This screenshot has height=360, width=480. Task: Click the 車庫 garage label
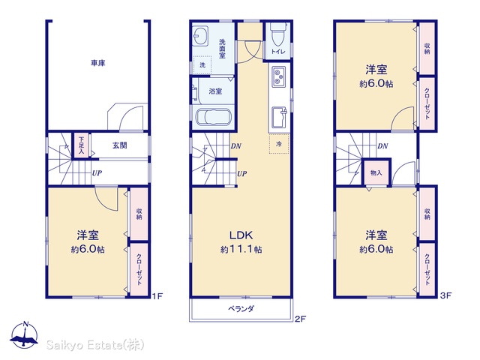tap(98, 63)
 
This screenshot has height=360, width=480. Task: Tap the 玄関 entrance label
tap(120, 145)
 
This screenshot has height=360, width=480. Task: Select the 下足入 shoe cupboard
tap(81, 145)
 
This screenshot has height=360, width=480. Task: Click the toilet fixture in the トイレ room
tap(278, 35)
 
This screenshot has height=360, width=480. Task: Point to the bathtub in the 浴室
tap(213, 117)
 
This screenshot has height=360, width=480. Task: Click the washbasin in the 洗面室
tap(200, 36)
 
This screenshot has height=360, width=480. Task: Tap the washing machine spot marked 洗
tap(202, 65)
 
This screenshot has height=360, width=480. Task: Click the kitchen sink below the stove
tap(279, 117)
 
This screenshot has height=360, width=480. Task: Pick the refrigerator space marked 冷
tap(279, 143)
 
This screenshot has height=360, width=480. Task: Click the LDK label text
tap(241, 235)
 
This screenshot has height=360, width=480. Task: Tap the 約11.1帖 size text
tap(241, 250)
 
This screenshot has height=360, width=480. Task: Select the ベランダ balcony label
tap(241, 308)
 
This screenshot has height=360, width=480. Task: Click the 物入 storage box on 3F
tap(376, 172)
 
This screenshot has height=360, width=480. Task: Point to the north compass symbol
tap(25, 334)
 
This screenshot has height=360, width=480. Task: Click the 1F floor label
tap(157, 296)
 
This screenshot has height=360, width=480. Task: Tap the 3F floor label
tap(445, 295)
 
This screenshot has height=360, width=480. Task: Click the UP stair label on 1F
tap(97, 173)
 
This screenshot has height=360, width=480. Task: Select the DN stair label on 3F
tap(382, 146)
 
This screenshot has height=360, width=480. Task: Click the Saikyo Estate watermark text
tap(95, 345)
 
